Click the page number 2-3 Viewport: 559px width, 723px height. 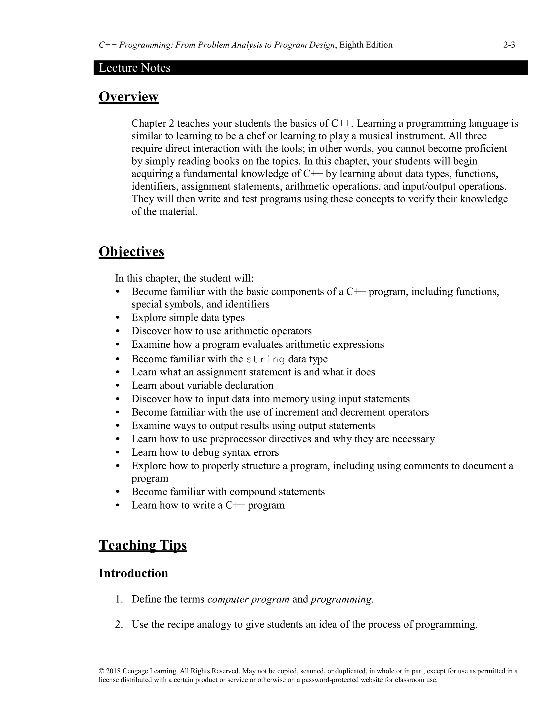(509, 45)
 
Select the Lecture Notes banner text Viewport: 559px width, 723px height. (135, 68)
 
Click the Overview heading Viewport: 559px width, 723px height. (129, 97)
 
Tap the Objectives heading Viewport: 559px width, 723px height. (131, 252)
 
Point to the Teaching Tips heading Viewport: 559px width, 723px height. (143, 545)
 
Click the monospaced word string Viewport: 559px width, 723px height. (266, 360)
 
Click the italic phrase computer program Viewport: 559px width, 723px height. (248, 599)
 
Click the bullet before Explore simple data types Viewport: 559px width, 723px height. (118, 318)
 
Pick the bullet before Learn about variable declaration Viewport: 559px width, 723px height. (118, 386)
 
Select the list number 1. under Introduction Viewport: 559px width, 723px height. (119, 599)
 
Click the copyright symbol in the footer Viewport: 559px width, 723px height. (101, 671)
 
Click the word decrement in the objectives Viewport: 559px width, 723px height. (368, 413)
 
